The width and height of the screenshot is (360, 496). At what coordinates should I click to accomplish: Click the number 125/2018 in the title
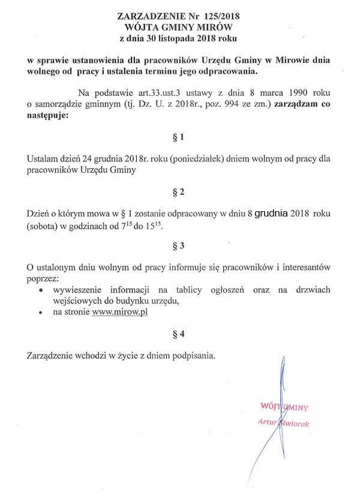223,16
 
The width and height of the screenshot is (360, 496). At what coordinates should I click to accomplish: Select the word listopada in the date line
179,39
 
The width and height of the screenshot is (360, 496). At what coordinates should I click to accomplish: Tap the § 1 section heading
178,138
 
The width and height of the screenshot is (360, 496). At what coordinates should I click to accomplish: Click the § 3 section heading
178,246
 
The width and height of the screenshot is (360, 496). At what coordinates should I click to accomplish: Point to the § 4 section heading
178,334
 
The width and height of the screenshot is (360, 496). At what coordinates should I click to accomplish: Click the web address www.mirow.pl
120,312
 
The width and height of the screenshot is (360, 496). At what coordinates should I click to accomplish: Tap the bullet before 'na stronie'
41,313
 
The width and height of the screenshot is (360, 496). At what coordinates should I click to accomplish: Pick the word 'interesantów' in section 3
305,266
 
